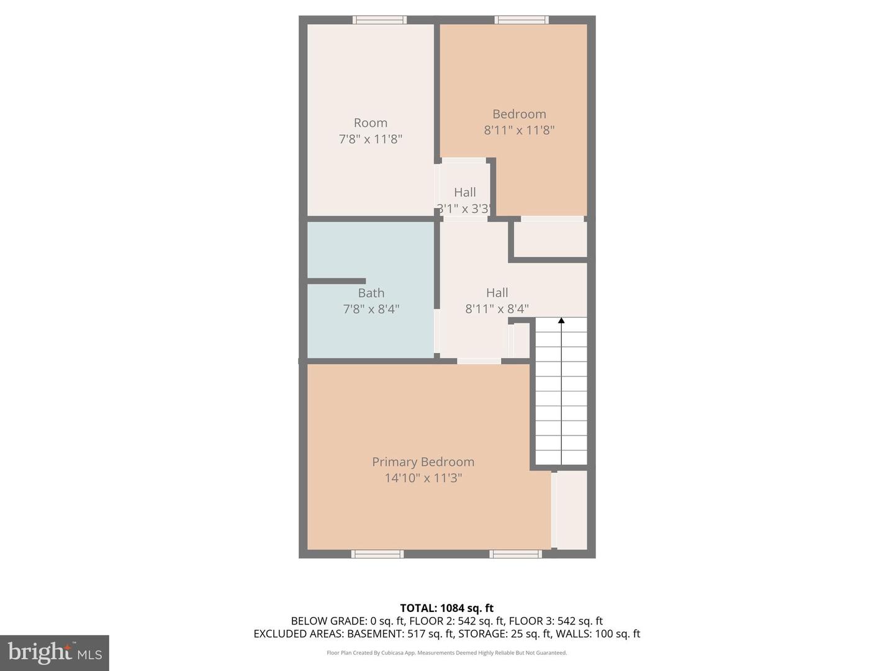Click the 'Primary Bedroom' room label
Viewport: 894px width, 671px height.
(x=423, y=462)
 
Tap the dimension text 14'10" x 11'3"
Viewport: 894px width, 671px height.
(x=423, y=478)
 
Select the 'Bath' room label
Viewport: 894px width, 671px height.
(x=371, y=293)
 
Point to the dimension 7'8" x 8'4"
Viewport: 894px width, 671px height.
(x=371, y=309)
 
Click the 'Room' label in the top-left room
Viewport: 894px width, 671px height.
(x=371, y=123)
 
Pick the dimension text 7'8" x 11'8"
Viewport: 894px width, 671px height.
(x=371, y=139)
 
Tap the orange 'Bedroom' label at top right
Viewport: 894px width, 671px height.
(x=519, y=114)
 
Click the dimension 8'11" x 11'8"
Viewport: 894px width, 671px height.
(x=519, y=130)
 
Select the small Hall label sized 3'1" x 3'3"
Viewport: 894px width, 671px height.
(x=464, y=193)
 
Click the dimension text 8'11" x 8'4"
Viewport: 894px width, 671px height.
(x=497, y=309)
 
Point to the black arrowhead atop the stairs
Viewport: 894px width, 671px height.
(x=561, y=321)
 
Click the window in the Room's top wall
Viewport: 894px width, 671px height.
(x=380, y=20)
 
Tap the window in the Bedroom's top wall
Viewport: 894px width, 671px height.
(x=521, y=20)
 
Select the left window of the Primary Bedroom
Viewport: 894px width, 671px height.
(x=377, y=554)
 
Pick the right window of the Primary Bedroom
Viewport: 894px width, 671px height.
(x=515, y=554)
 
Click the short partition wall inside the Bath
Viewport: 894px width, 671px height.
(x=336, y=281)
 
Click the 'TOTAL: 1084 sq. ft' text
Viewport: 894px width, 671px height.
(x=446, y=608)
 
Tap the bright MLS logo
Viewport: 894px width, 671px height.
(x=55, y=652)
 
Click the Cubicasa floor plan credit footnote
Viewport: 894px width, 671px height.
(x=446, y=653)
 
